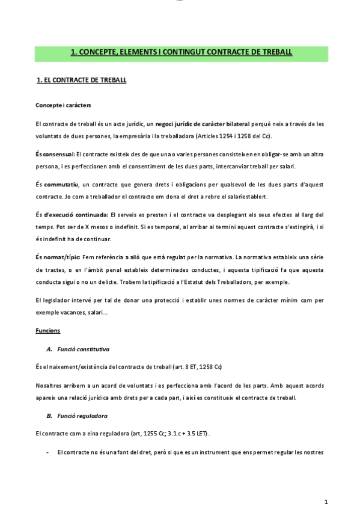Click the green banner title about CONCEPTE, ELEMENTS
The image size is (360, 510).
coord(181,52)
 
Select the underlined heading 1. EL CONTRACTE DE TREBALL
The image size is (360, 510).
coord(81,80)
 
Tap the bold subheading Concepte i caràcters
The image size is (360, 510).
coord(63,105)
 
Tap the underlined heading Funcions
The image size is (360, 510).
coord(47,331)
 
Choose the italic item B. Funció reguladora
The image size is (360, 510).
coord(77,416)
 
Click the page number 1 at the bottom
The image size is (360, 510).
coord(325,501)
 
